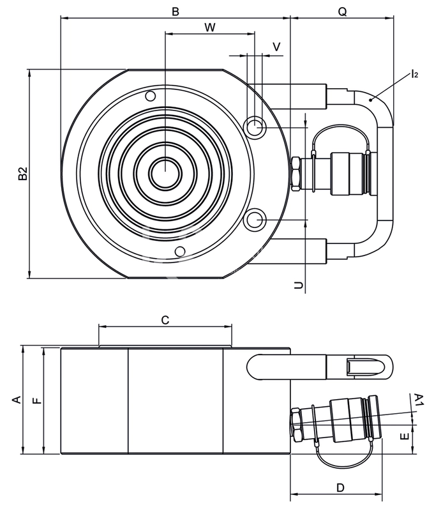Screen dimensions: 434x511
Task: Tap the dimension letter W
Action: pos(210,27)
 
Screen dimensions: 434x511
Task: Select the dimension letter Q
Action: pos(343,11)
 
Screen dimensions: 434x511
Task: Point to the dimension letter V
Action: pos(276,47)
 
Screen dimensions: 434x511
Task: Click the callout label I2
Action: pos(414,73)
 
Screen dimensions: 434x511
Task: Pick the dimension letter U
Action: pos(298,286)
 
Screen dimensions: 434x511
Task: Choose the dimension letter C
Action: pos(165,320)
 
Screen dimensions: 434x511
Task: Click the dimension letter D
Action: pos(340,487)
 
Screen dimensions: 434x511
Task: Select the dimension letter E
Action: pos(405,436)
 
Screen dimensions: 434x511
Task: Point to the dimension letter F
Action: pos(38,400)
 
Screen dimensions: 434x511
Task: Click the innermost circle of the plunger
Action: pos(165,173)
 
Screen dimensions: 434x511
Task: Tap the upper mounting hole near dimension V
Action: pos(255,126)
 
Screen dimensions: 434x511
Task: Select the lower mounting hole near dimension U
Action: pos(255,220)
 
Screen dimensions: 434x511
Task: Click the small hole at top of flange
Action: pos(151,96)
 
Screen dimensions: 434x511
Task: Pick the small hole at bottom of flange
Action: pos(180,251)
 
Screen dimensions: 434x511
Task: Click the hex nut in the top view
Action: pos(296,174)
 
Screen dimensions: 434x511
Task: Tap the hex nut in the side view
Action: pos(297,425)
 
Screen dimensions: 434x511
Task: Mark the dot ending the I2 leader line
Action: pos(371,100)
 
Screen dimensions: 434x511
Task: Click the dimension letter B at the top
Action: pos(176,11)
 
